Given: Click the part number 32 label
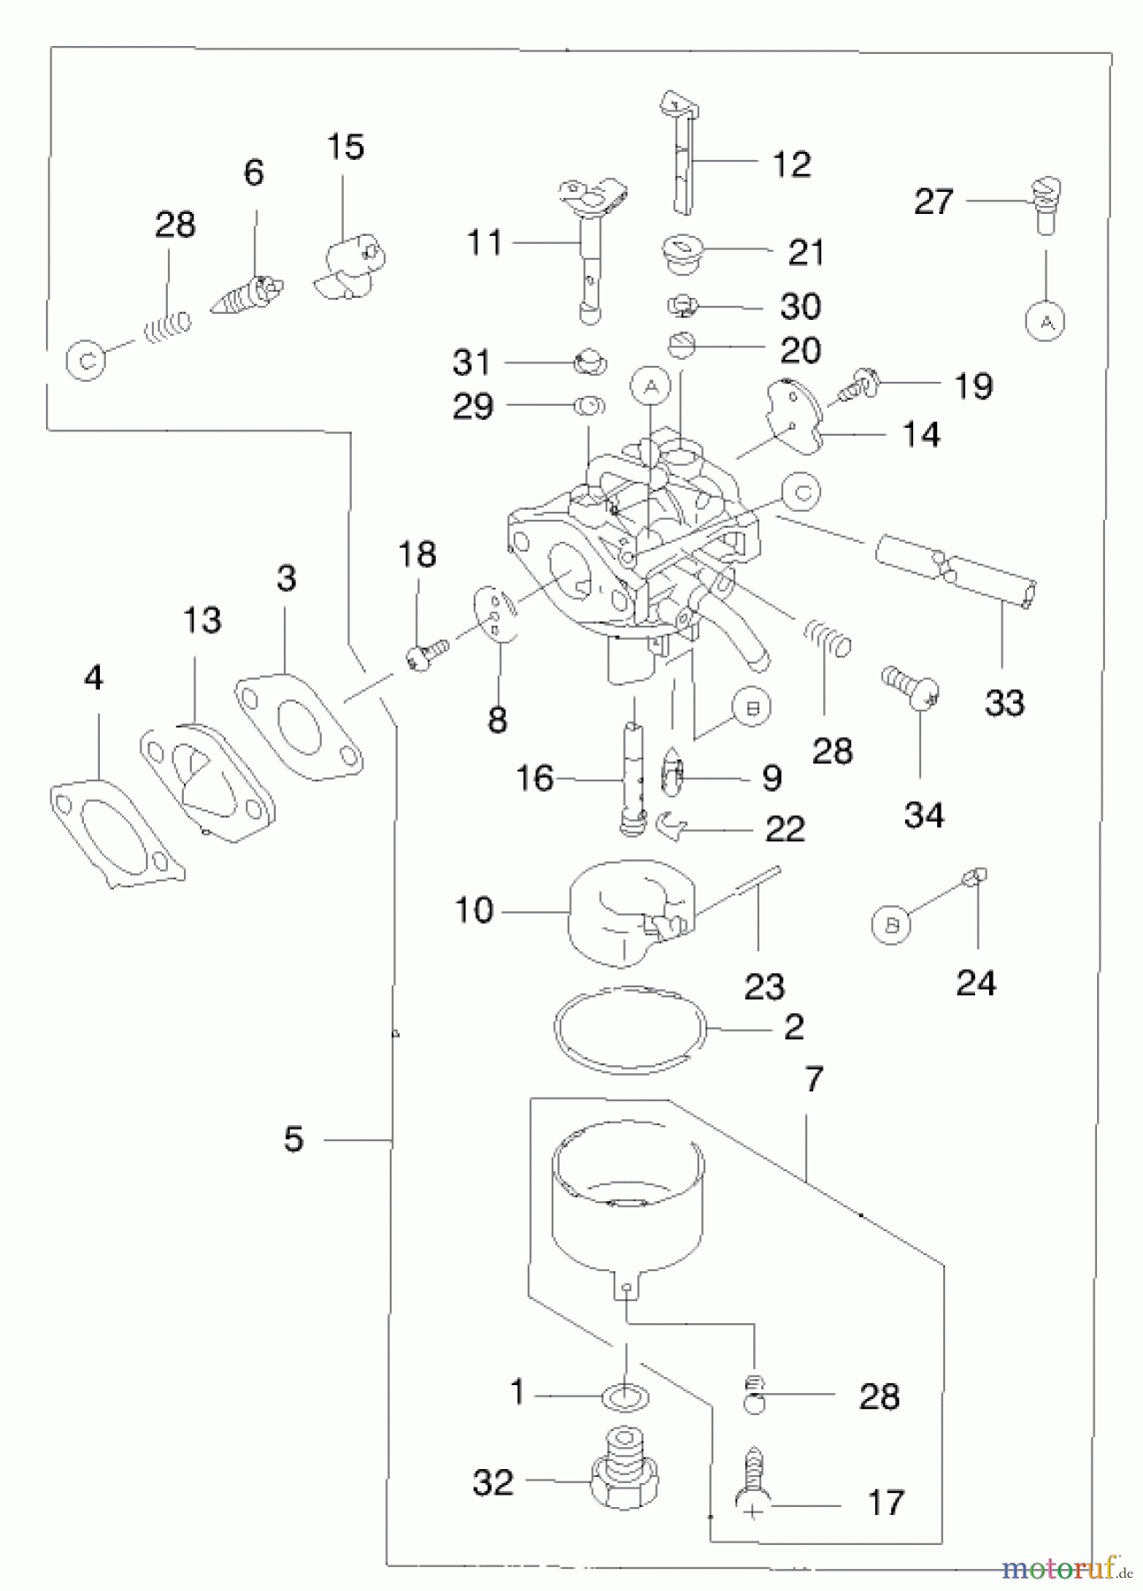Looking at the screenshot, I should coord(492,1482).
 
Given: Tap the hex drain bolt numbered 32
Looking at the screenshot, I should coord(625,1475).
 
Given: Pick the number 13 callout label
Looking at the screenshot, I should coord(202,620).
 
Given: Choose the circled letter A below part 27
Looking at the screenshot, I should coord(1046,323).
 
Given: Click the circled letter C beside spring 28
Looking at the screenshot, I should coord(86,361).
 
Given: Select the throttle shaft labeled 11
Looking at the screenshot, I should coord(588,247).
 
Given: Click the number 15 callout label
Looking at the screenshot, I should coord(345,146).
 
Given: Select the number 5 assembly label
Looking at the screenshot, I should coord(293,1139).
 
